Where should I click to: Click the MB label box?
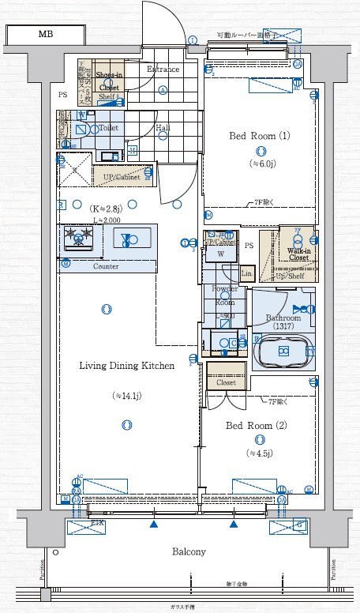click(x=44, y=35)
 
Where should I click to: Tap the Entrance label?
click(x=163, y=70)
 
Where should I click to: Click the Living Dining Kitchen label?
click(x=126, y=366)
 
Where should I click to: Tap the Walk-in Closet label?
click(x=298, y=254)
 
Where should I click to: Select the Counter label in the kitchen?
click(x=106, y=266)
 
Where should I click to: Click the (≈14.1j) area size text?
click(x=126, y=395)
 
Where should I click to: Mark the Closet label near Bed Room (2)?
click(x=226, y=382)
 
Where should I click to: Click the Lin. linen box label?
click(x=246, y=273)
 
